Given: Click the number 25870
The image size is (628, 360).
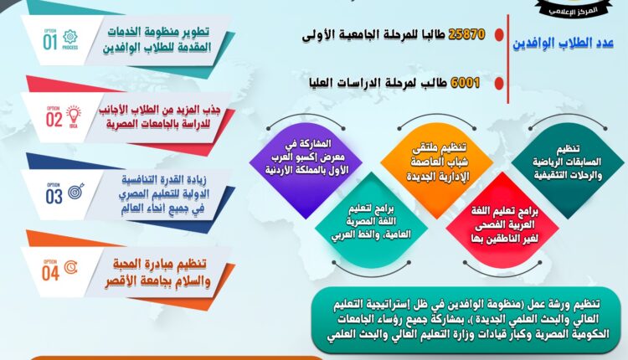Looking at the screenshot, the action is point(466,34).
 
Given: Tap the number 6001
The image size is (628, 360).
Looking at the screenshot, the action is point(465,83).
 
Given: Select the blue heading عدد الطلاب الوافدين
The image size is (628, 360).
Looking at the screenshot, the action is point(564,44).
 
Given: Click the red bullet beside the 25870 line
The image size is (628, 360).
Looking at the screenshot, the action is point(499,35).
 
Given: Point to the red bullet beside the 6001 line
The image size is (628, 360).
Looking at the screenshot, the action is point(499,83).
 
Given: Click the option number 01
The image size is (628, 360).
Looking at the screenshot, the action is point(50,42).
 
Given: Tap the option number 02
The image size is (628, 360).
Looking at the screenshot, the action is point(54,120).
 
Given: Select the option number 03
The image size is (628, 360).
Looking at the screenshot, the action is point(54,197).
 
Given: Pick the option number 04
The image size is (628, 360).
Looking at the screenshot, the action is point(50,274).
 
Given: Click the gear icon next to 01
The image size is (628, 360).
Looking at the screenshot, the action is point(70,37).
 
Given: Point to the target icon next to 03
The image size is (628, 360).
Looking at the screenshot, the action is point(76,192).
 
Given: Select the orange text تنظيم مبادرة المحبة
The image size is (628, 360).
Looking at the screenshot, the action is point(160,265).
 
